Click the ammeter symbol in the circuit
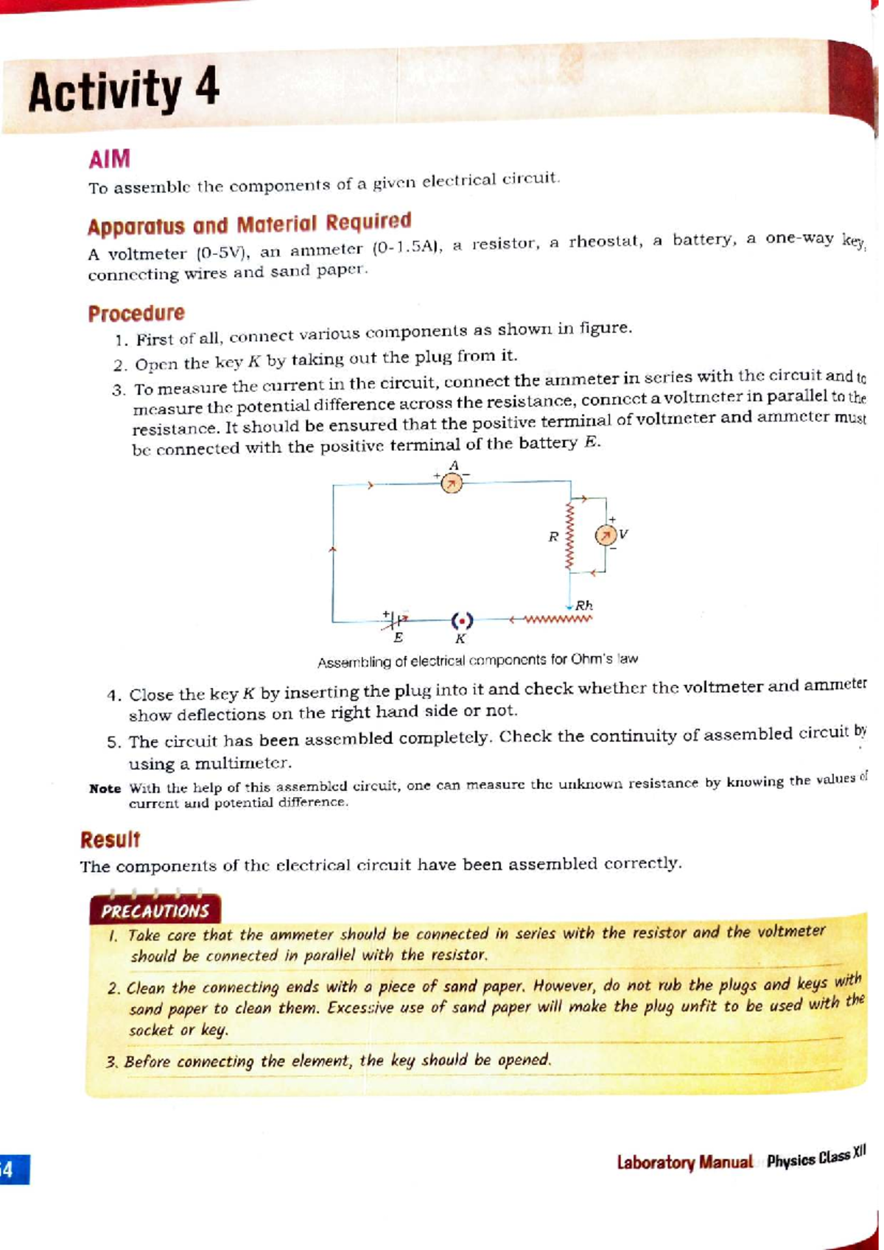pos(452,483)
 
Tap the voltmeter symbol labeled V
pos(606,534)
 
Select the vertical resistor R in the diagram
pos(569,536)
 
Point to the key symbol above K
pos(462,620)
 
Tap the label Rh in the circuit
pos(583,605)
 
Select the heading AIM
pos(109,158)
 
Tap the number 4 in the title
pos(207,88)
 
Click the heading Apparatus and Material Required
pos(249,223)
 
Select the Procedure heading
pos(136,313)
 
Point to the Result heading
pos(110,839)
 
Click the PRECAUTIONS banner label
pos(155,910)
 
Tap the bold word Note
pos(105,789)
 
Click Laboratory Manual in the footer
pos(684,1162)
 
